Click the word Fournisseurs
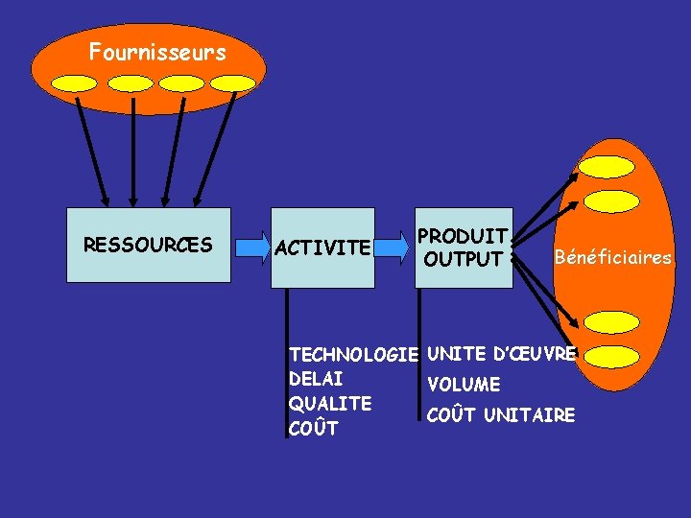157,52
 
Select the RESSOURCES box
148,246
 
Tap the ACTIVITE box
322,248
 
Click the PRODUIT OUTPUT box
465,247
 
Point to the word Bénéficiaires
613,257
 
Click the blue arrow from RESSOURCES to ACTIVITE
252,247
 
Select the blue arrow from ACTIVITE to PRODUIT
393,247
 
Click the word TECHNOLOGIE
353,355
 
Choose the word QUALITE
329,404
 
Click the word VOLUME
464,385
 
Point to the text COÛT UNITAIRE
501,415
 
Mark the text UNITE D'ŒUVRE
501,354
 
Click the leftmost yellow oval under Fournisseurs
75,83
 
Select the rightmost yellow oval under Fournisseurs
232,83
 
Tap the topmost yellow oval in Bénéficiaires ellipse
607,166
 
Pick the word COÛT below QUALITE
313,429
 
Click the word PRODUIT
463,236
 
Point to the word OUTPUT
464,259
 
